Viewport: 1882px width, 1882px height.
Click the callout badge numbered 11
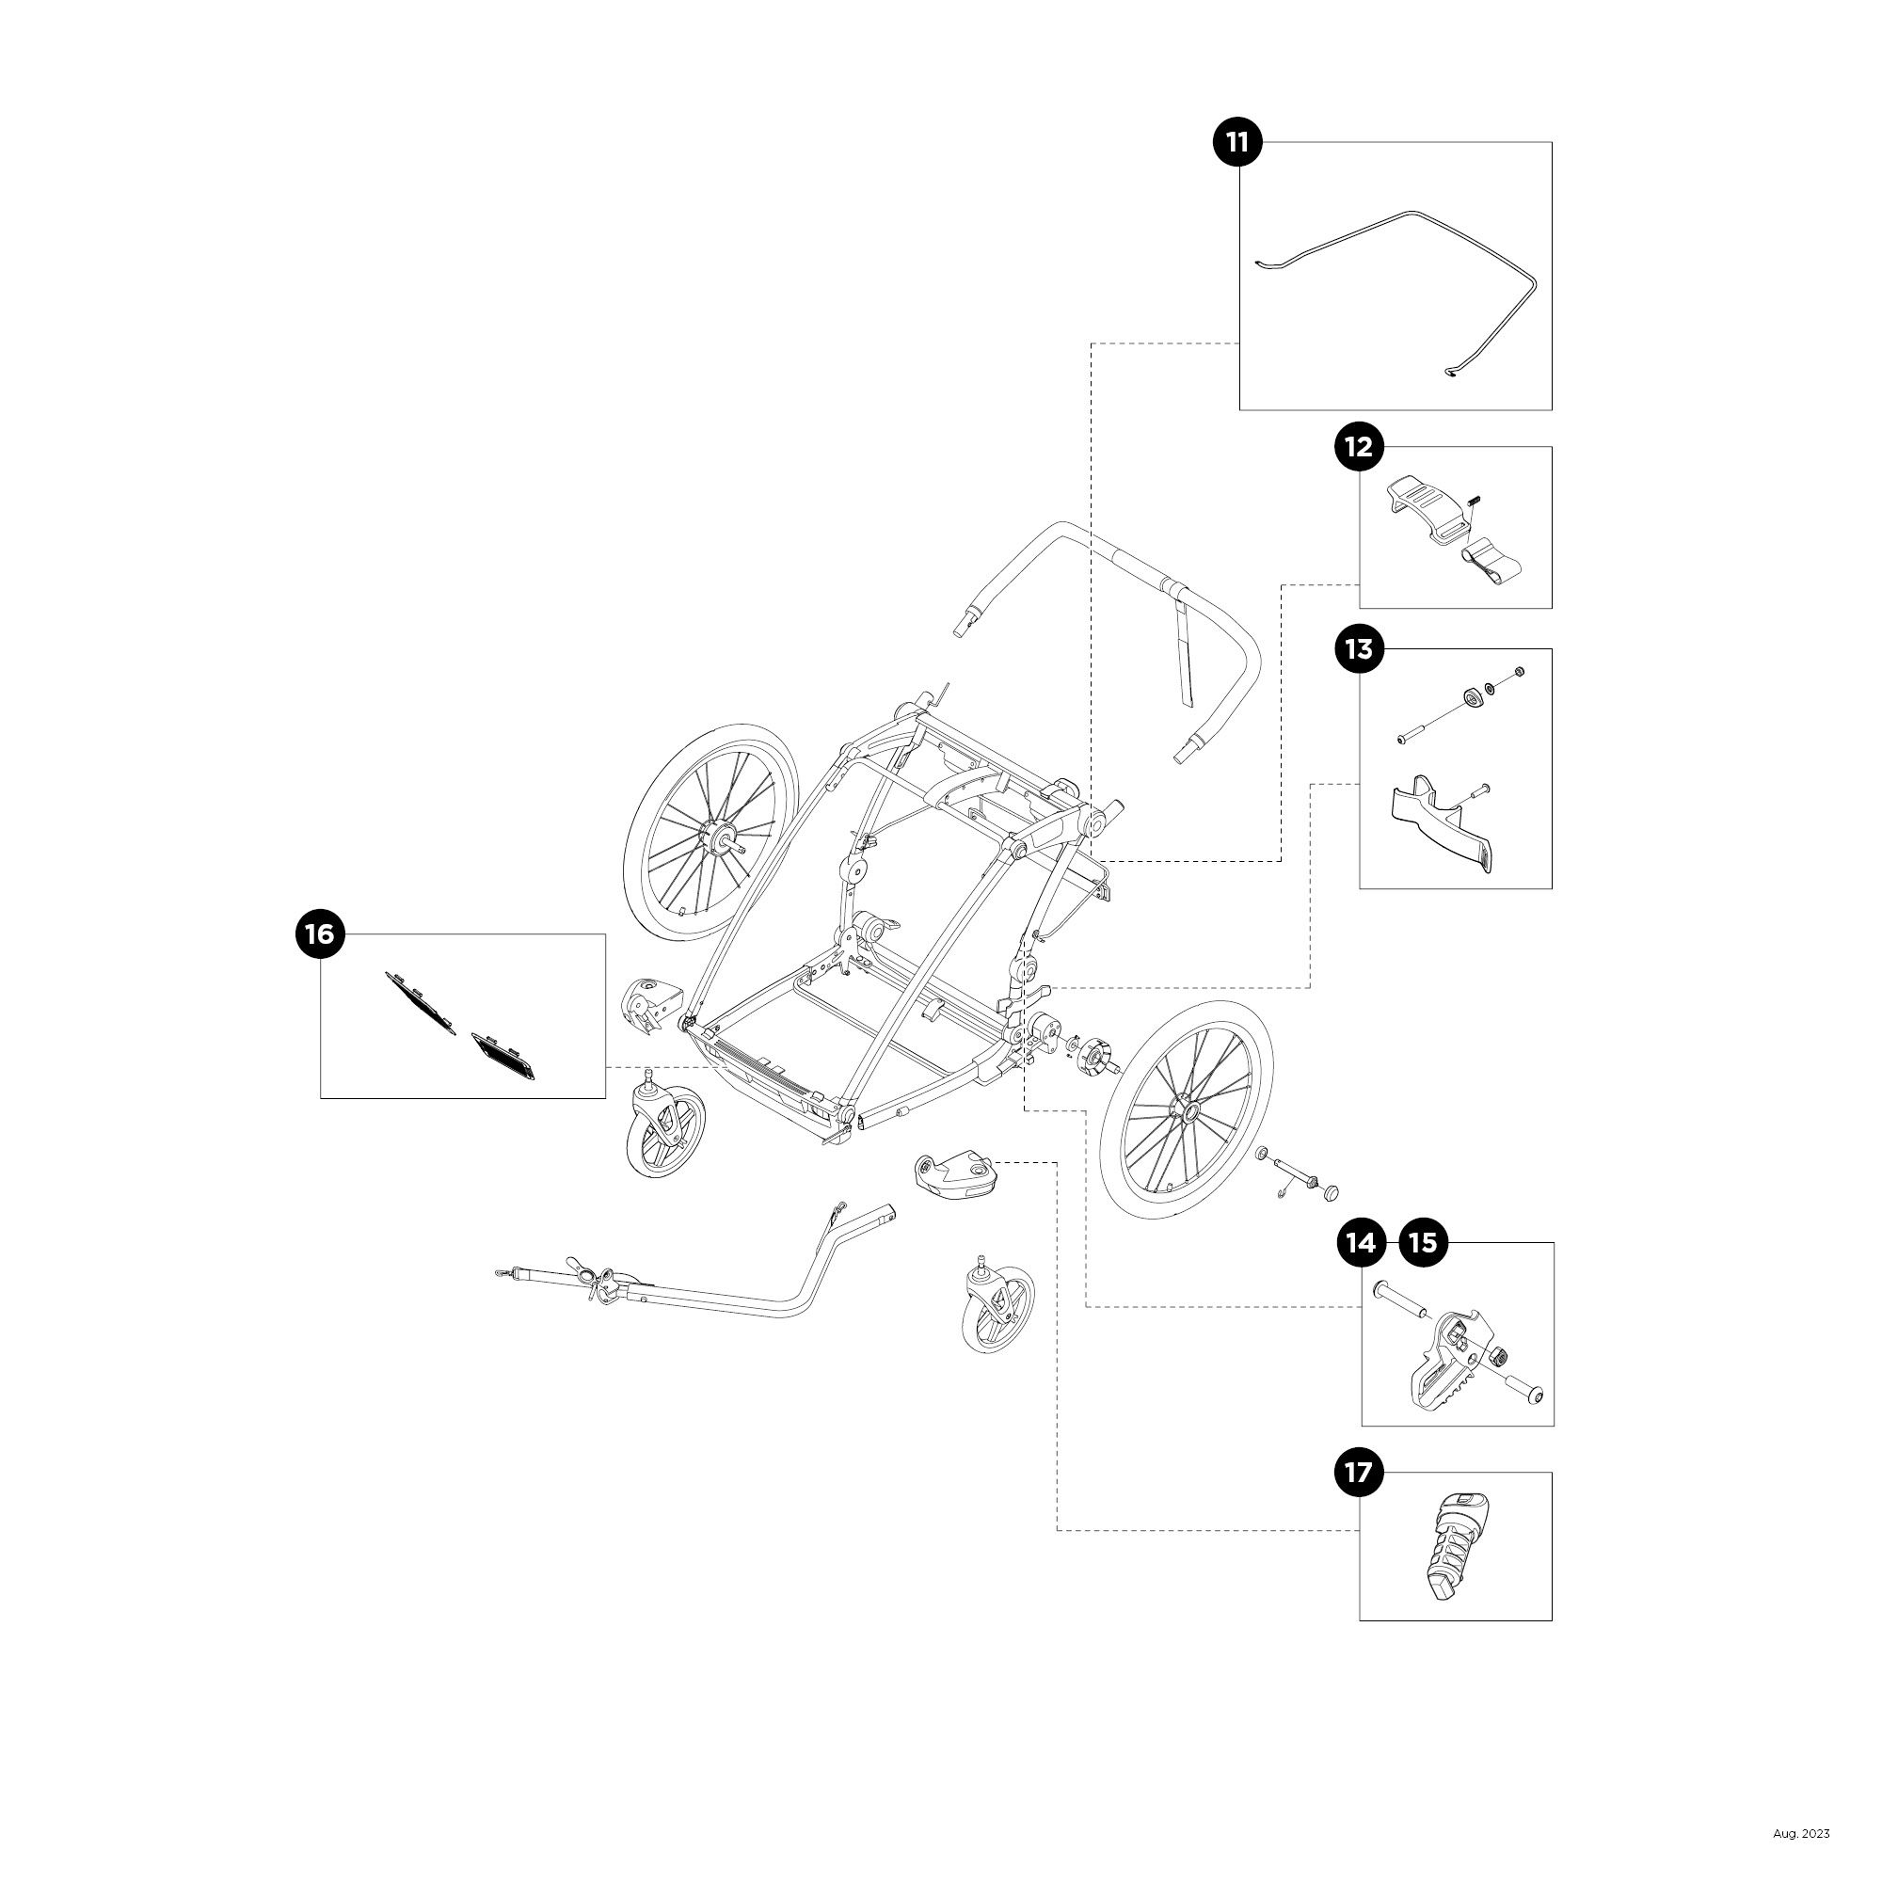pyautogui.click(x=1237, y=142)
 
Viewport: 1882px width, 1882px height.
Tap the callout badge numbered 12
pyautogui.click(x=1359, y=447)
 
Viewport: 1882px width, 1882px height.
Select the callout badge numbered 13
pyautogui.click(x=1359, y=648)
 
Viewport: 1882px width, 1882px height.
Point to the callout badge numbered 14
pyautogui.click(x=1361, y=1243)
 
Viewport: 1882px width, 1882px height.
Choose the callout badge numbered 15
pyautogui.click(x=1423, y=1243)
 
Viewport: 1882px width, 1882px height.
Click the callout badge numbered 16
pyautogui.click(x=320, y=934)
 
